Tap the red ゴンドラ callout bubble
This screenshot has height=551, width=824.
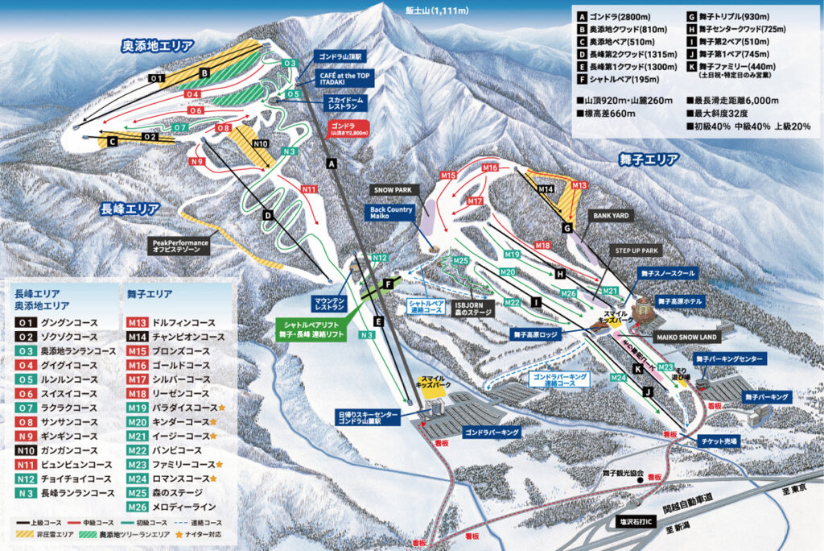point(348,130)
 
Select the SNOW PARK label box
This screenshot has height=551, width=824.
point(392,189)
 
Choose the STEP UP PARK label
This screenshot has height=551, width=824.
point(637,251)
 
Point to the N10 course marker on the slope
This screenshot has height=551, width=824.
point(260,144)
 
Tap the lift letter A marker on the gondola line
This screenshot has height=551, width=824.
point(330,164)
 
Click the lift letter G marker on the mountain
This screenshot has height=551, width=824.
point(567,229)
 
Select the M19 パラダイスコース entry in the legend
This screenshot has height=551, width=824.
point(173,408)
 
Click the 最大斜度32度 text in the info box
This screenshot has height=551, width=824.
point(721,114)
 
